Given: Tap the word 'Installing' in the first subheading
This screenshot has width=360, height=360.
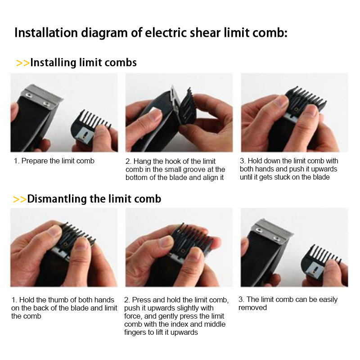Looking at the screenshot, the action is point(53,63).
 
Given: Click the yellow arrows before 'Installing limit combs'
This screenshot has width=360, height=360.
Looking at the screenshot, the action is point(23,63).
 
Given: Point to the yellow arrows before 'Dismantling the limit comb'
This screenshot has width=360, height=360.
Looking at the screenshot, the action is point(20,199).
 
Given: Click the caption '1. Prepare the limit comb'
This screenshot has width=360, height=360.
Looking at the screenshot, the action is point(54,161).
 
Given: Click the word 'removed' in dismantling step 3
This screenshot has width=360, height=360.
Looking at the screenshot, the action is point(252,308).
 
